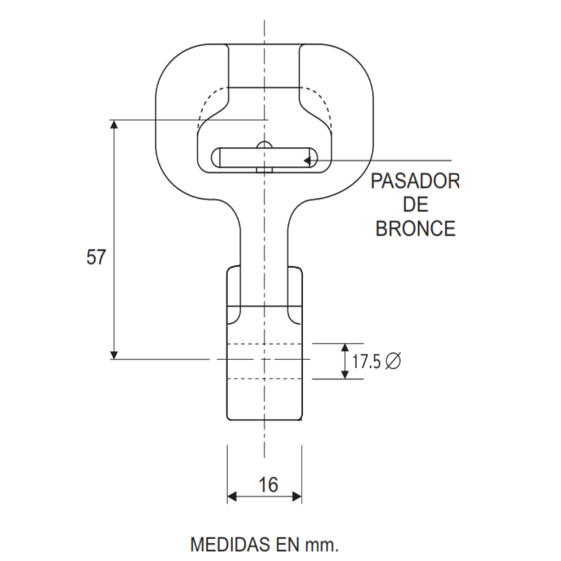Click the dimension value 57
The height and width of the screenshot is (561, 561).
pos(96,257)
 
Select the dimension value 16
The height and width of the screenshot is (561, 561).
pos(268,484)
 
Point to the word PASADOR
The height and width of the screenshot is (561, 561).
pos(415,182)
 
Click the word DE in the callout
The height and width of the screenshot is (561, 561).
pos(416,205)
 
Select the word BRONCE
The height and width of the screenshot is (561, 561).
pos(415,229)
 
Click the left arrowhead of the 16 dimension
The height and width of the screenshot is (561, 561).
pos(232,497)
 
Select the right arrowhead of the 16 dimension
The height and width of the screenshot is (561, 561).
pos(297,497)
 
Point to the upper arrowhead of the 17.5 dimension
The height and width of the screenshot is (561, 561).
pos(344,348)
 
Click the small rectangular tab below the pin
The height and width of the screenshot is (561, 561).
pos(264,169)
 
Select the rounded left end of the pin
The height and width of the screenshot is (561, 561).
pos(215,157)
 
